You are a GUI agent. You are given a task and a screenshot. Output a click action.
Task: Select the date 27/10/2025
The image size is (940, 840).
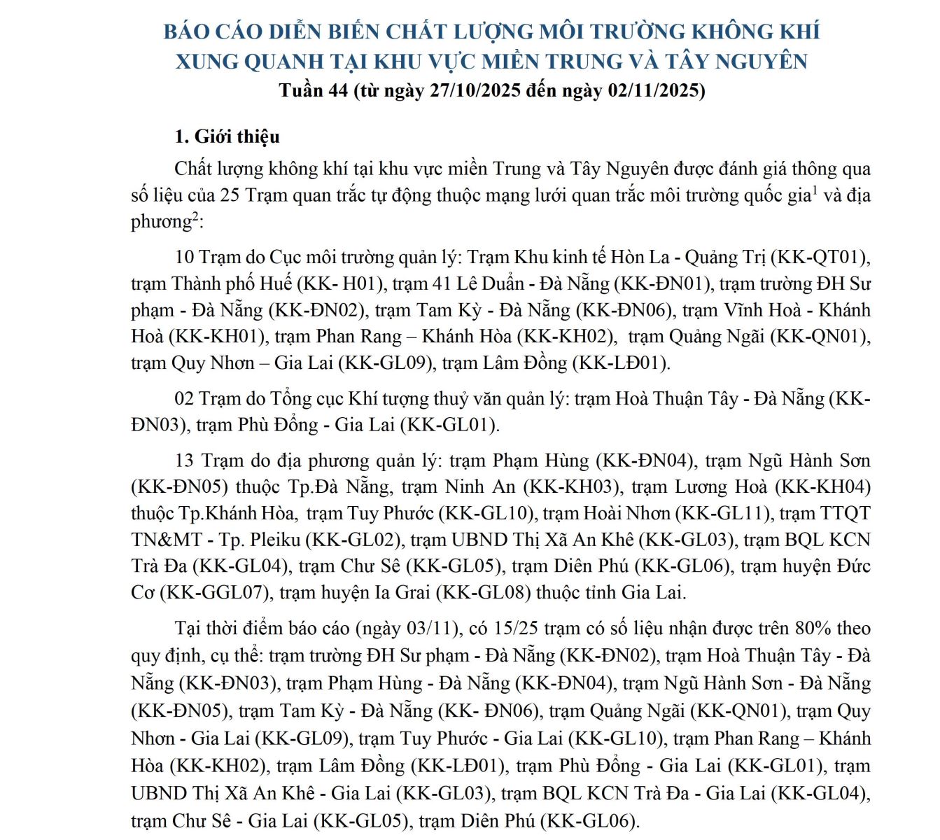[468, 91]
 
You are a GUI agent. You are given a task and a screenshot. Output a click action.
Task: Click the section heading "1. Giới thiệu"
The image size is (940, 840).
[227, 136]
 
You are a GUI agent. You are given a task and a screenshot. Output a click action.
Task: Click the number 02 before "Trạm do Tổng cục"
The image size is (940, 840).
[184, 399]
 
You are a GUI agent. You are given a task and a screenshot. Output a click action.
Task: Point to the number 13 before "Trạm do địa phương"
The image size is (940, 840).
[184, 461]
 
